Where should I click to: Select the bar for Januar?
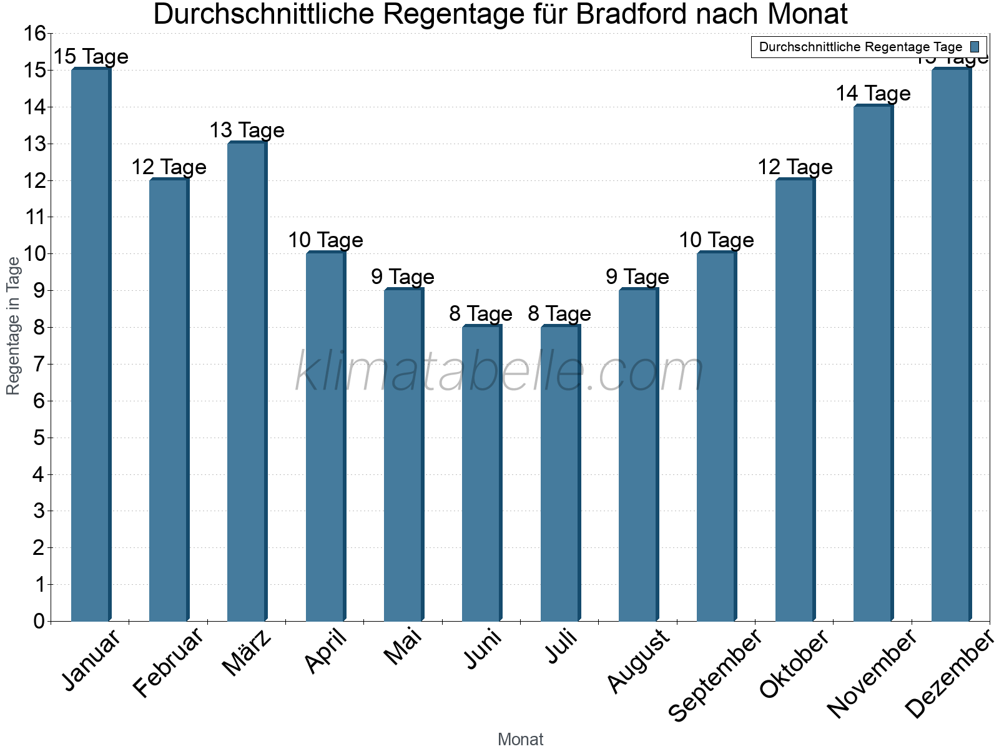click(91, 345)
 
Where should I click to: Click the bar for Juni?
click(482, 473)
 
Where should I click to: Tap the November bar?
click(873, 363)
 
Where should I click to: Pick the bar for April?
click(325, 436)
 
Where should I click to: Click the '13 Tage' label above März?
click(247, 130)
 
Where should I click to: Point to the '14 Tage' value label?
click(873, 94)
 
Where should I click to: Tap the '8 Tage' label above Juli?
click(559, 313)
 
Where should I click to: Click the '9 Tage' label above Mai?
click(403, 277)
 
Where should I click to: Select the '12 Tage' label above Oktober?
click(795, 167)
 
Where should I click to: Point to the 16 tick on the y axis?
click(35, 34)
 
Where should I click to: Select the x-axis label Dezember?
click(949, 674)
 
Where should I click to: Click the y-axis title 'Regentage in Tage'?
click(14, 326)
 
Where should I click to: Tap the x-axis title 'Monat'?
click(520, 740)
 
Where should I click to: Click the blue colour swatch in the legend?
click(975, 47)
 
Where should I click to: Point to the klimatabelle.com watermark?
click(499, 372)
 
